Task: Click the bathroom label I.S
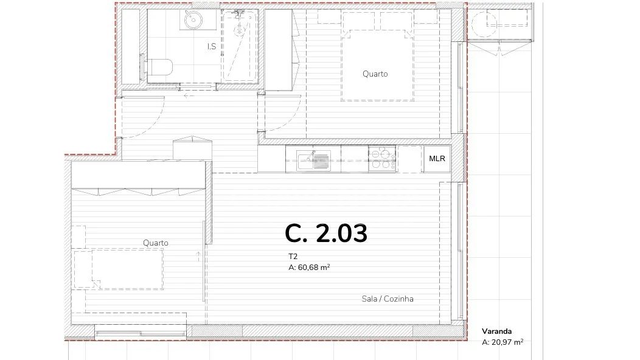click(x=212, y=47)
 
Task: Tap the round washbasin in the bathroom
click(x=192, y=19)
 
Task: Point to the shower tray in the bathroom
click(x=240, y=46)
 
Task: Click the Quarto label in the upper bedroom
click(x=375, y=74)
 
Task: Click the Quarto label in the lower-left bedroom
click(x=156, y=243)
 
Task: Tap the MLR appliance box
click(x=437, y=159)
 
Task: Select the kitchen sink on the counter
click(x=313, y=160)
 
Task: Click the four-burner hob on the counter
click(x=382, y=159)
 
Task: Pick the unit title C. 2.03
click(x=326, y=234)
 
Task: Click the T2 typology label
click(x=293, y=257)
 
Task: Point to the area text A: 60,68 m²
click(x=309, y=268)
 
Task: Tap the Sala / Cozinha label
click(x=388, y=299)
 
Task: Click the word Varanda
click(x=497, y=331)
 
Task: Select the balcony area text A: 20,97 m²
click(x=503, y=342)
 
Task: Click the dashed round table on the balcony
click(x=484, y=24)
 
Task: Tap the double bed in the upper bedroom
click(x=378, y=57)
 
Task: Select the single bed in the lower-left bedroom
click(x=119, y=269)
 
